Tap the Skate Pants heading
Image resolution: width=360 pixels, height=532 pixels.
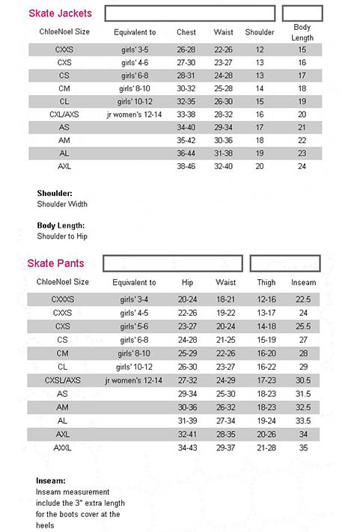55,263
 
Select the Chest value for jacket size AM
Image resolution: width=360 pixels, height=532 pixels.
186,140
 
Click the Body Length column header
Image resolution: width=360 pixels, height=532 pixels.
302,32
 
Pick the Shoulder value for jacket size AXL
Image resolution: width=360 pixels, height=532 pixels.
259,166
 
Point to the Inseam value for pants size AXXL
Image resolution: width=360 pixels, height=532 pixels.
303,447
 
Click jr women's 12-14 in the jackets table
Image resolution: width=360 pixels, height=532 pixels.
135,114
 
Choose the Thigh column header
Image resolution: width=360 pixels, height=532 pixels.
266,283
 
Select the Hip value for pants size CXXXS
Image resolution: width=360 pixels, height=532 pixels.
187,299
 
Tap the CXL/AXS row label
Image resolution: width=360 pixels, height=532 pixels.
64,114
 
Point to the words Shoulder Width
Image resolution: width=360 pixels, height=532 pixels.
62,204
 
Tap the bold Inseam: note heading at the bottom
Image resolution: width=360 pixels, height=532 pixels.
51,480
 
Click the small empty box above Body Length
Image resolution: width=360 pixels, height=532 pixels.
302,13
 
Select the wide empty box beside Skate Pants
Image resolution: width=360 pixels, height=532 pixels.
173,263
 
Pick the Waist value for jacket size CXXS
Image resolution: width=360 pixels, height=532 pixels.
223,50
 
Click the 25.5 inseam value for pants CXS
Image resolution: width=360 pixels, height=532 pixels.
303,326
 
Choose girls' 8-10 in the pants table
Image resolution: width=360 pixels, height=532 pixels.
134,353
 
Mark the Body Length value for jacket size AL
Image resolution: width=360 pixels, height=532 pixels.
302,153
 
